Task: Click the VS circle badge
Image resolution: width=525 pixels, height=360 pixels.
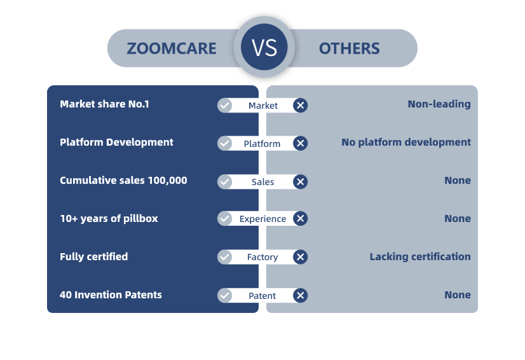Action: [x=264, y=47]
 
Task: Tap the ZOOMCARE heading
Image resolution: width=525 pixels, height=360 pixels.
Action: [x=172, y=48]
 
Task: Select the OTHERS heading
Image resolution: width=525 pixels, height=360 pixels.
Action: [x=349, y=48]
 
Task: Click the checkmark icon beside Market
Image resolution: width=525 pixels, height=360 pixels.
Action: [x=224, y=105]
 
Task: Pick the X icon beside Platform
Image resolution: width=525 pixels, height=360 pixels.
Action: [x=301, y=144]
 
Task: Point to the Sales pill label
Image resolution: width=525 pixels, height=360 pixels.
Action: [x=263, y=182]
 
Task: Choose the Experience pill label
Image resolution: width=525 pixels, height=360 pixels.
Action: [x=263, y=219]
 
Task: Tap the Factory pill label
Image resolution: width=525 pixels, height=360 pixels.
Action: [x=262, y=257]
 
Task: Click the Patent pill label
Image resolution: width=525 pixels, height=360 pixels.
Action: [x=262, y=296]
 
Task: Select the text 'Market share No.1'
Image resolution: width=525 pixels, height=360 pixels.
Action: [x=104, y=104]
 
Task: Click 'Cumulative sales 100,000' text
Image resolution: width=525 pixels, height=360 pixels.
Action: [x=123, y=181]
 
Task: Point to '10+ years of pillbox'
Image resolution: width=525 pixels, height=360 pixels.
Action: [x=109, y=219]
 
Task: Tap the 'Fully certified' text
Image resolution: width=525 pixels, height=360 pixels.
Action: [x=94, y=257]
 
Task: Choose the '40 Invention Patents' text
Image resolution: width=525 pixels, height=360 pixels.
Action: [x=111, y=295]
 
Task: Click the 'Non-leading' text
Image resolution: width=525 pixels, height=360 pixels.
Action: [x=439, y=104]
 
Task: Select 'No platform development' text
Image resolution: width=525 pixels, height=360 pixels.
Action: [x=406, y=142]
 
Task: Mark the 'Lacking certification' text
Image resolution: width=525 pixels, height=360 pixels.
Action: [x=420, y=257]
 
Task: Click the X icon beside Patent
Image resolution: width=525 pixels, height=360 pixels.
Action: [x=301, y=295]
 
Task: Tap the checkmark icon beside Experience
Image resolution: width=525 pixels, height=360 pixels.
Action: [x=224, y=219]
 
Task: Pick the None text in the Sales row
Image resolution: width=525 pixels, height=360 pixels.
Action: [x=458, y=181]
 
